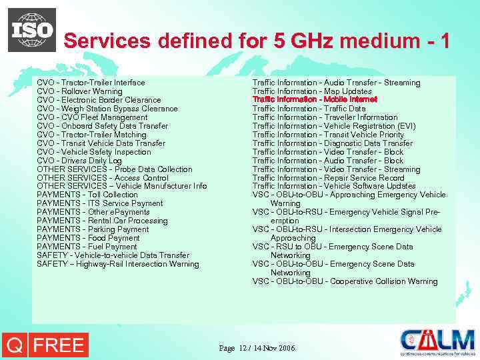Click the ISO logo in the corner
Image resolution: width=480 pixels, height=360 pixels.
[x=32, y=30]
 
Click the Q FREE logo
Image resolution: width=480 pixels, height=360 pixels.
[x=45, y=345]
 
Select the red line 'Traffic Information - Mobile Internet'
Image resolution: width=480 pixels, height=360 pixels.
[x=315, y=100]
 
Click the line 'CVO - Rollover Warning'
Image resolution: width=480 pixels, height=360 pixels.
[x=80, y=91]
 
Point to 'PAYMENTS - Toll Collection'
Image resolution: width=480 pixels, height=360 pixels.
[x=87, y=195]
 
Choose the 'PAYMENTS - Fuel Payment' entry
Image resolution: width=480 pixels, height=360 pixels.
[x=87, y=247]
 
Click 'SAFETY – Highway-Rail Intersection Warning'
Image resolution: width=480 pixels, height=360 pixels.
[x=118, y=264]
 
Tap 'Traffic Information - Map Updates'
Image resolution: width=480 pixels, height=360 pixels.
[x=312, y=91]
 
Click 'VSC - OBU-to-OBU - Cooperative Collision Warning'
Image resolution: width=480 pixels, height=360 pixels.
[x=345, y=281]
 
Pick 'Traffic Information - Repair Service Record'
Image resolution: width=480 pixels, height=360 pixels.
[x=328, y=178]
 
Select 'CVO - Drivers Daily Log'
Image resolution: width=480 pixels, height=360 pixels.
[x=79, y=161]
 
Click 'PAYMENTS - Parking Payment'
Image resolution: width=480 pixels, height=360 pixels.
[x=93, y=229]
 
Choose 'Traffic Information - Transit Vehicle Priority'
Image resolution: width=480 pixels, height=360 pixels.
[x=328, y=135]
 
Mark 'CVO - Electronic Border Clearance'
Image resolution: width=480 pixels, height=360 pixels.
[x=99, y=100]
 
